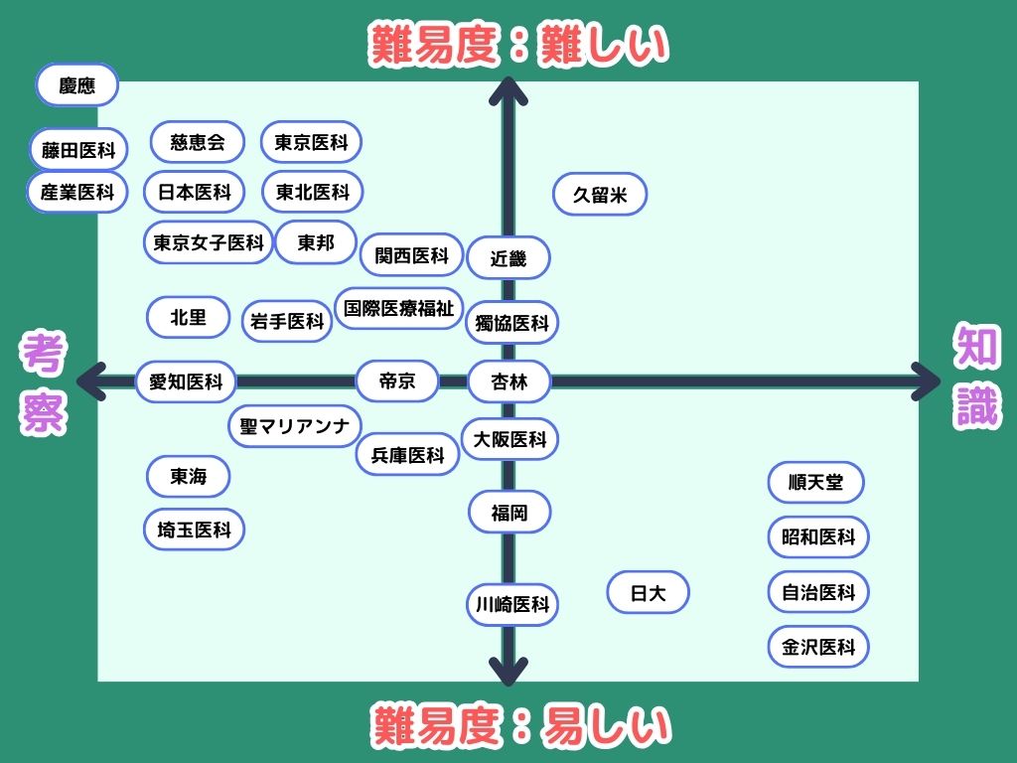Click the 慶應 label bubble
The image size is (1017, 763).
point(76,85)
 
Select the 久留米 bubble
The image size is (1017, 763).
point(600,195)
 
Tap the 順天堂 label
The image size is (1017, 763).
point(815,483)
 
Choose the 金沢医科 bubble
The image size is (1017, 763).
point(818,647)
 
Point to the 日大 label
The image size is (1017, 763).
point(648,593)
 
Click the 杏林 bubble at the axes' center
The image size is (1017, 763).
point(509,381)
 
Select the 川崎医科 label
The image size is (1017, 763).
point(512,604)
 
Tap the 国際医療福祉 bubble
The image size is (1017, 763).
point(398,308)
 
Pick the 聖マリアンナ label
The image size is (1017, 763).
point(294,427)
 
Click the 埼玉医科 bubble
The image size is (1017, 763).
point(194,530)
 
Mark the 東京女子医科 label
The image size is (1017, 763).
point(208,242)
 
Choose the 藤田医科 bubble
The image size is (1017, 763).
point(78,150)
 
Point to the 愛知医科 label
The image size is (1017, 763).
point(186,381)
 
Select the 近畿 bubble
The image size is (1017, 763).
point(508,259)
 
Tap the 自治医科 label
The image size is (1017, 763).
point(818,592)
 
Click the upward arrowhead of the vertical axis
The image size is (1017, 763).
point(508,91)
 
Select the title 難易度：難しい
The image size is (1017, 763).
point(519,45)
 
